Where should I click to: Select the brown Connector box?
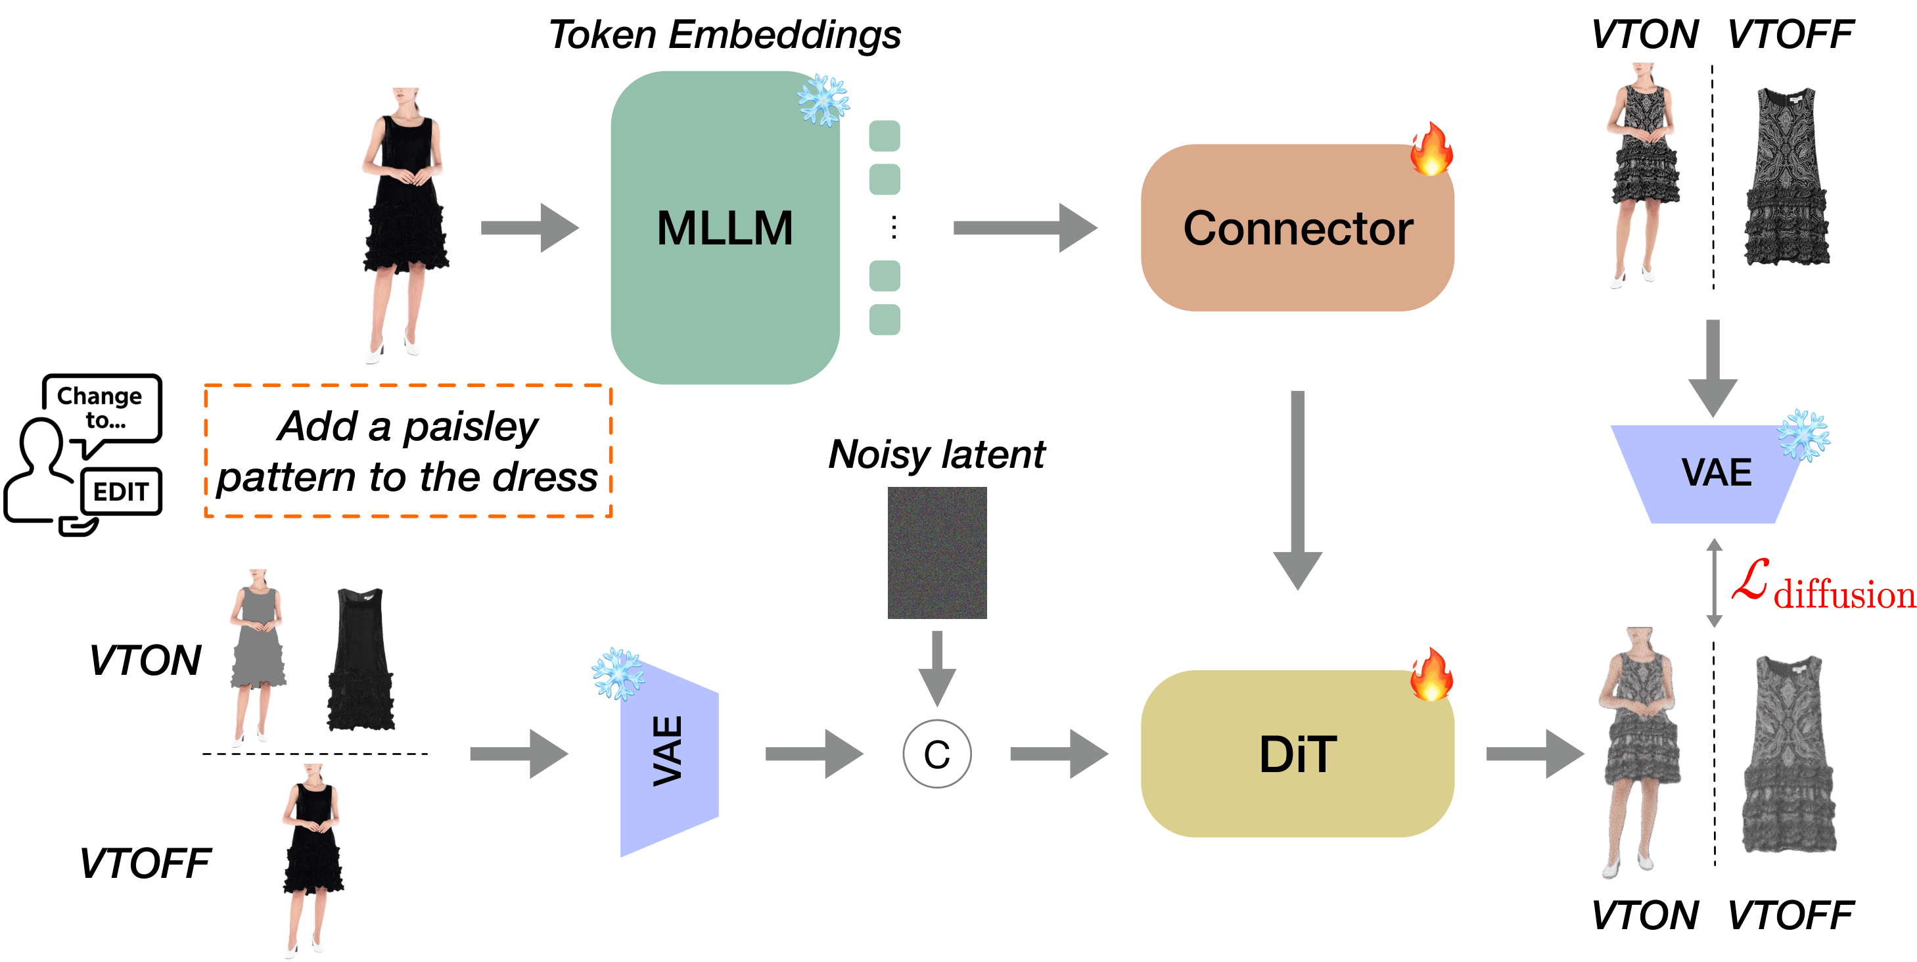coord(1297,227)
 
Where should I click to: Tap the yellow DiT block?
coord(1297,754)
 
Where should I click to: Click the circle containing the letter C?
coord(936,754)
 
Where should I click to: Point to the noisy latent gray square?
coord(937,552)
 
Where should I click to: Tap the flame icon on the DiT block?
coord(1430,675)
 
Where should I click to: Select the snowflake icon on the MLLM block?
coord(823,100)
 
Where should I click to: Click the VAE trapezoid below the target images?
coord(1714,473)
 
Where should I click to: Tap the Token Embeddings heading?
coord(724,35)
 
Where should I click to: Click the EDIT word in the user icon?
coord(120,491)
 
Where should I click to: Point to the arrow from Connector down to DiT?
coord(1297,491)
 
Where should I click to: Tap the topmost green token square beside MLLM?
coord(884,135)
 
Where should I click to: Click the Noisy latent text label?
coord(936,454)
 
